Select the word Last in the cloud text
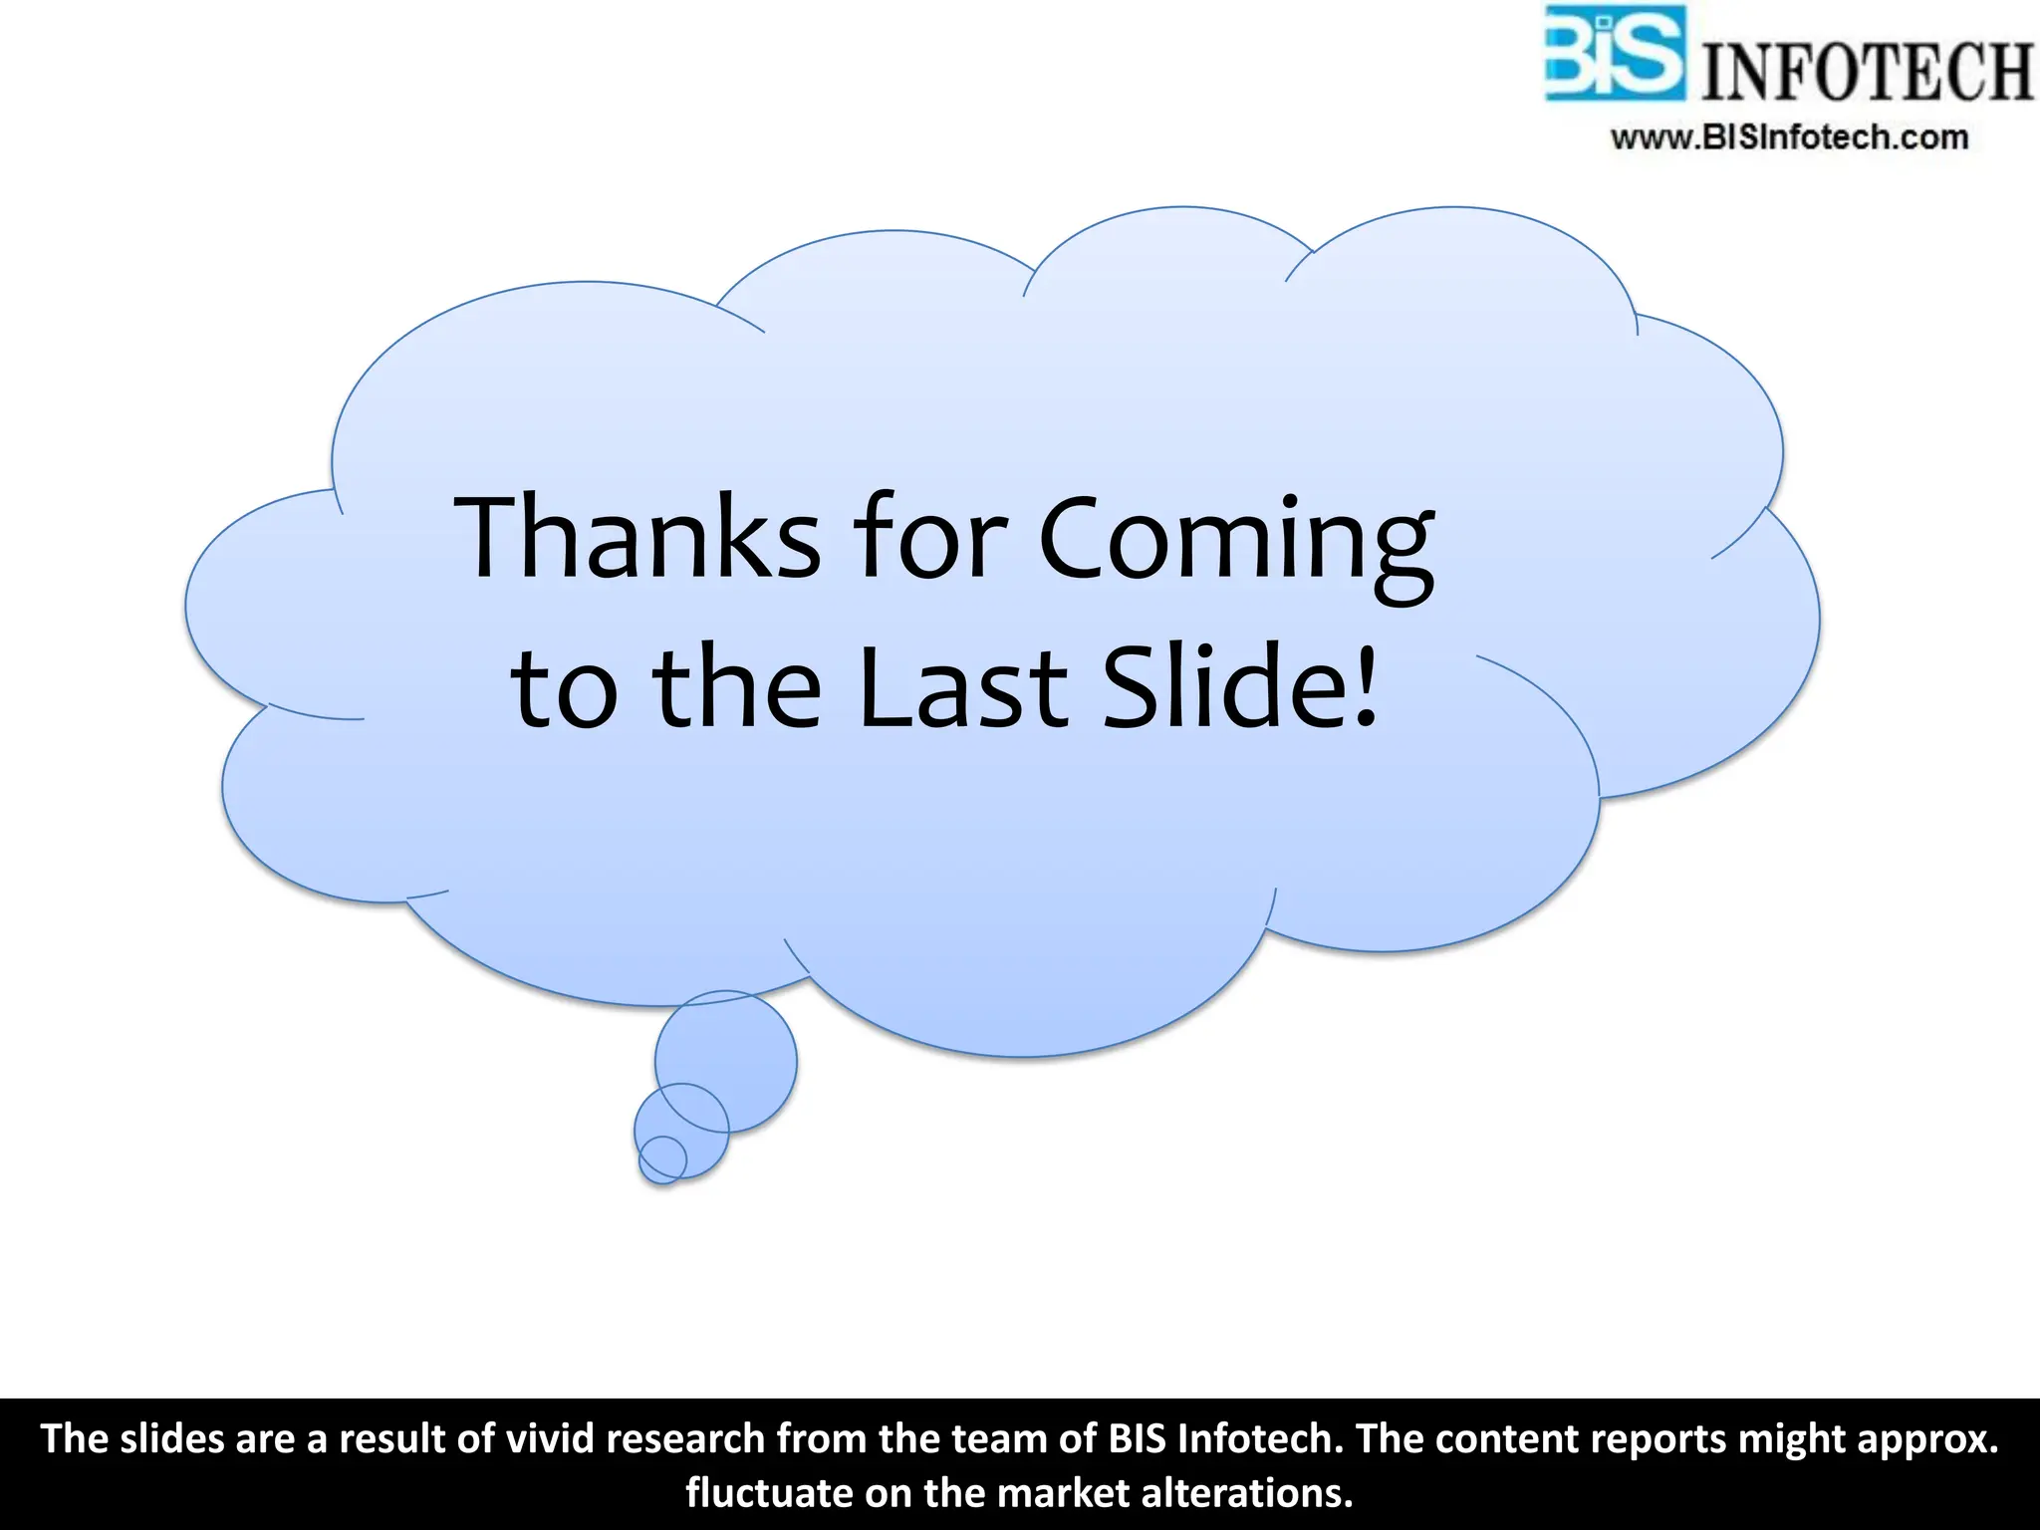[962, 687]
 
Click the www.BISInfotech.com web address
[1789, 137]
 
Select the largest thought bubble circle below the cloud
[726, 1060]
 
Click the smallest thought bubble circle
[662, 1158]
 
